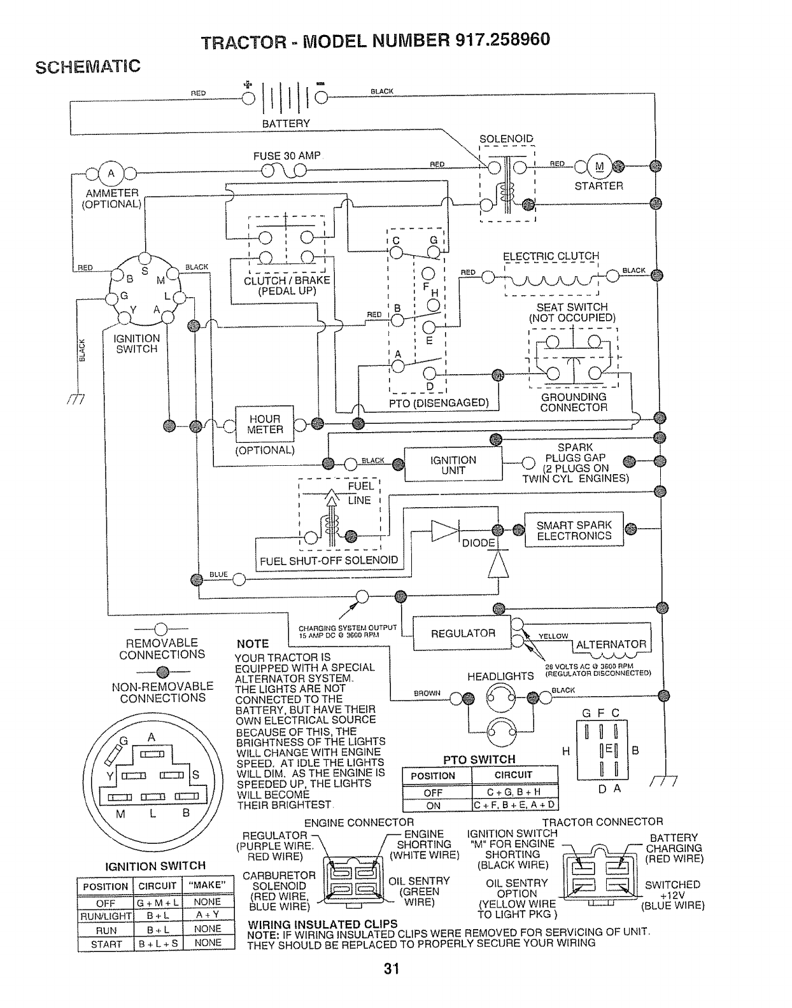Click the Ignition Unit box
point(453,465)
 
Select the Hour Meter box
point(265,424)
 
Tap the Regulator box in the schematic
point(462,633)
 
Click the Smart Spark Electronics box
point(574,530)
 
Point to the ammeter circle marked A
point(111,174)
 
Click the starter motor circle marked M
point(600,167)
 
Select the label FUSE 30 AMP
point(286,156)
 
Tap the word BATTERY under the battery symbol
point(286,123)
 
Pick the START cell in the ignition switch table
point(106,944)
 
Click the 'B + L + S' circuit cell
point(159,944)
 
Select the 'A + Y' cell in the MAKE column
point(208,915)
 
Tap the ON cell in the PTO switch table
point(434,806)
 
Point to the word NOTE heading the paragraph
point(253,644)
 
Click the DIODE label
point(478,543)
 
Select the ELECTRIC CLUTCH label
point(551,256)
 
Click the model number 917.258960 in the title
point(503,40)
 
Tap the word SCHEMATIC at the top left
point(88,67)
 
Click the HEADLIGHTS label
point(500,676)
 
